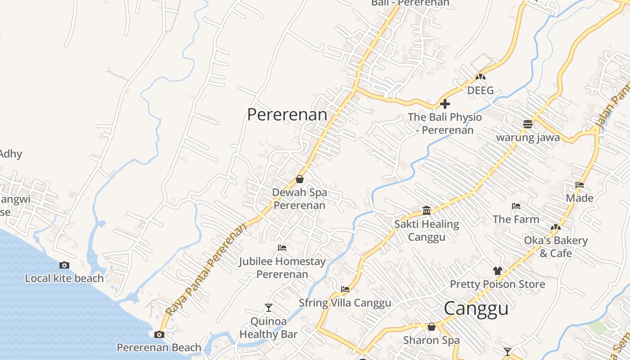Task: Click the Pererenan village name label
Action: pos(287,114)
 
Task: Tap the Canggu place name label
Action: pos(476,309)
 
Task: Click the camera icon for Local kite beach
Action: pos(64,265)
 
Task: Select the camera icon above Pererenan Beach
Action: pos(159,334)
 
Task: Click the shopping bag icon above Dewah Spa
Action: pos(300,180)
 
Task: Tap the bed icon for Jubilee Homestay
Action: pos(282,248)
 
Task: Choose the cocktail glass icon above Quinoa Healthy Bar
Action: pos(269,308)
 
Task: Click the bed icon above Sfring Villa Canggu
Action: pos(345,289)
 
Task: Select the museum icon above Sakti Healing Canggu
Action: pos(427,211)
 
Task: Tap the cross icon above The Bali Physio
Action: pos(445,104)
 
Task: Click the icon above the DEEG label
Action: pos(481,77)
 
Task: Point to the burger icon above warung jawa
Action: pos(528,124)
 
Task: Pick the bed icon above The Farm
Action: pos(516,206)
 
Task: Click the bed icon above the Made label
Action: pos(580,185)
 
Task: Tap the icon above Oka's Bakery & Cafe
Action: pos(556,227)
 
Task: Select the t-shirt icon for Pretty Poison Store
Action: pos(497,271)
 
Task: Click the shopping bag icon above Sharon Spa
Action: pos(431,327)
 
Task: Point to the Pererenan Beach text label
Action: pos(159,347)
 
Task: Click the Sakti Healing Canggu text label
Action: pos(427,230)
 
